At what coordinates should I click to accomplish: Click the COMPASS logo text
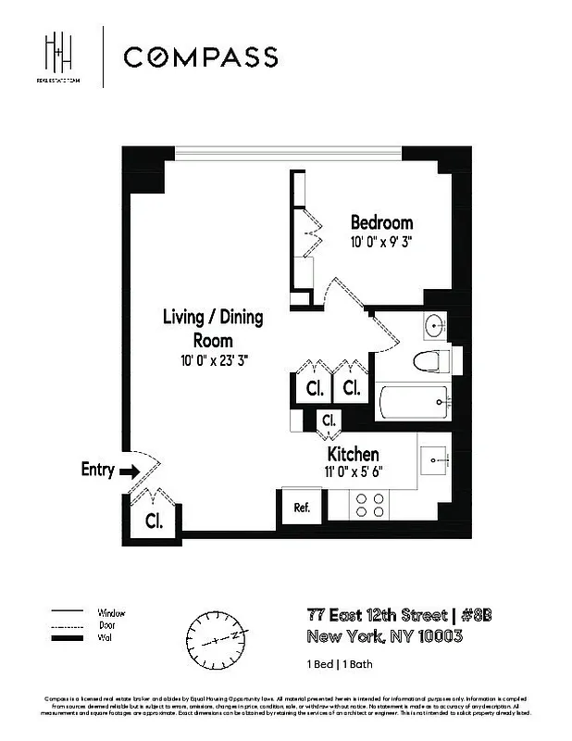click(x=200, y=57)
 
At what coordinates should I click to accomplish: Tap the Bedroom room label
click(x=381, y=223)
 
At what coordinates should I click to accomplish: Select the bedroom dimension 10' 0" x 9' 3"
click(x=380, y=243)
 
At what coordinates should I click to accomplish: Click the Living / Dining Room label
click(x=213, y=328)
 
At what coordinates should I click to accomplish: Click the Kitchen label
click(x=353, y=455)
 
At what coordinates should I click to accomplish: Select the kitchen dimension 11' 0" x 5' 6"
click(x=353, y=471)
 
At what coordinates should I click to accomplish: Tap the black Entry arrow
click(x=130, y=471)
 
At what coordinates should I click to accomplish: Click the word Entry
click(x=97, y=470)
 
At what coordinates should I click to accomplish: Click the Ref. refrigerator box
click(x=302, y=509)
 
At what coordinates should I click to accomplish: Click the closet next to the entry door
click(x=153, y=521)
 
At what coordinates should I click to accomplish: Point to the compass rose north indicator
click(x=221, y=638)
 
